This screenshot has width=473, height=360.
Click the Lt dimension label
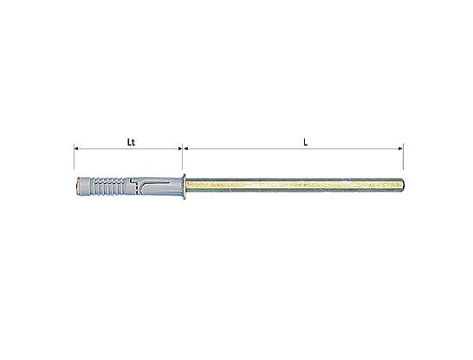[131, 142]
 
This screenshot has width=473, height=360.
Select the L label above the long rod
[305, 142]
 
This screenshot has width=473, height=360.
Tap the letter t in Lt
[133, 142]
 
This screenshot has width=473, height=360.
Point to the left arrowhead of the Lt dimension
[76, 148]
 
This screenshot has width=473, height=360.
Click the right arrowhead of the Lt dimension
[180, 148]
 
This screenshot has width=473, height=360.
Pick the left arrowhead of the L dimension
[185, 148]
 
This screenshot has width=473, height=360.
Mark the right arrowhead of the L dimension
[401, 148]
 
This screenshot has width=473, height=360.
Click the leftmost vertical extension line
[74, 157]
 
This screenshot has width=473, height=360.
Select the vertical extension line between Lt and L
[183, 157]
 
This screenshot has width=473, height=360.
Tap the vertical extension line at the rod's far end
[403, 157]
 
